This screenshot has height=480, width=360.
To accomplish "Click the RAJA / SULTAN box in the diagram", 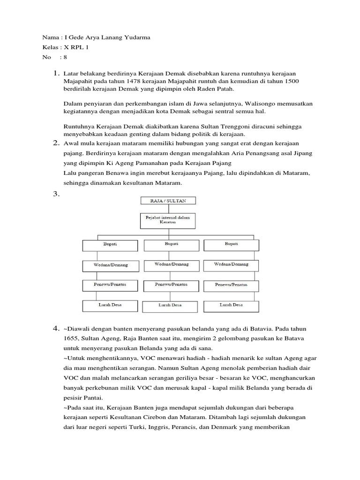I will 169,201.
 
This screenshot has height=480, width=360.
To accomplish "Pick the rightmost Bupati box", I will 231,245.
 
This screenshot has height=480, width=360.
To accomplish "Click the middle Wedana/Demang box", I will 172,265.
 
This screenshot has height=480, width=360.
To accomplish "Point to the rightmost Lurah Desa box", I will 231,306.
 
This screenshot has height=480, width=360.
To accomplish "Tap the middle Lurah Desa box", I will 172,306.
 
